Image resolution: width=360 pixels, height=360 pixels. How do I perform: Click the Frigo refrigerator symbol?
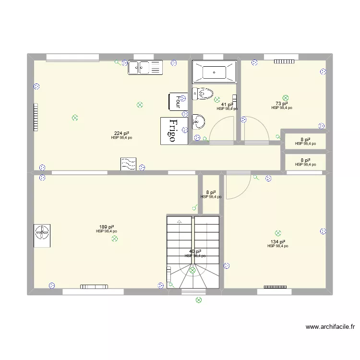[x=173, y=131]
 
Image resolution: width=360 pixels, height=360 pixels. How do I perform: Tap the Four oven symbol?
[x=177, y=101]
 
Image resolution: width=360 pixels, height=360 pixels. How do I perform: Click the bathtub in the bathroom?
[x=214, y=72]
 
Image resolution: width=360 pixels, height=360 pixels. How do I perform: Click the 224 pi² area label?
[x=121, y=133]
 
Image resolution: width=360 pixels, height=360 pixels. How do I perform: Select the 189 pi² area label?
[x=107, y=227]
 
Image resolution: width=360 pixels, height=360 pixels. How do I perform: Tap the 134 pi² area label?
[x=278, y=242]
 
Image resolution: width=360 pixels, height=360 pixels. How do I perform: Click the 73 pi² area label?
[x=282, y=104]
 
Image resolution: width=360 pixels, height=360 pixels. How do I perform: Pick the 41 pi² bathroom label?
[x=227, y=105]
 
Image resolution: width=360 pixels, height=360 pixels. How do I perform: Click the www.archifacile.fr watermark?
[x=330, y=327]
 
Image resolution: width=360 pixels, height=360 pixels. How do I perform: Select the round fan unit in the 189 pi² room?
[x=43, y=234]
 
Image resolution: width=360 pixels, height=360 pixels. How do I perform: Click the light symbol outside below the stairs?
[x=198, y=300]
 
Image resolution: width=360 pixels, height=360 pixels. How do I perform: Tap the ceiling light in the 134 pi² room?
[x=278, y=233]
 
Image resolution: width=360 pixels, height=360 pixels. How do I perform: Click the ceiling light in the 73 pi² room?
[x=286, y=97]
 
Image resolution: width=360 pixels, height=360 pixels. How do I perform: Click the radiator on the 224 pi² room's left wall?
[x=35, y=118]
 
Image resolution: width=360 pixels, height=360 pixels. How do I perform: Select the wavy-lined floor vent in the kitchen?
[x=128, y=164]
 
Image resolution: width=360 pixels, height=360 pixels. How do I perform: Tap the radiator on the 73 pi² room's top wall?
[x=284, y=61]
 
